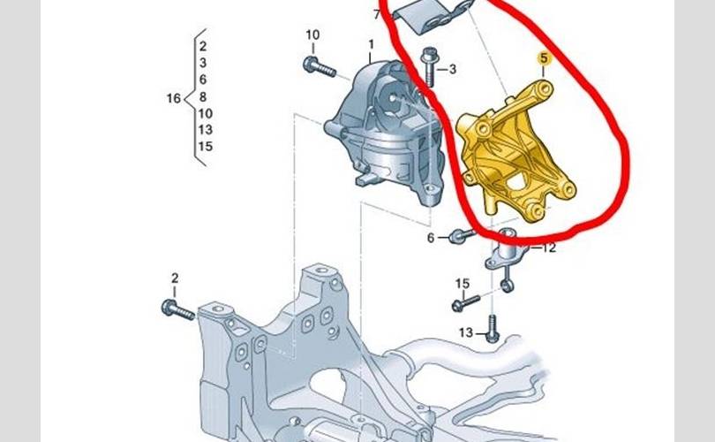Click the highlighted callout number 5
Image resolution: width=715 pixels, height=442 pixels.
click(544, 59)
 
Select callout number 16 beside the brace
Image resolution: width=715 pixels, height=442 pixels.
click(173, 97)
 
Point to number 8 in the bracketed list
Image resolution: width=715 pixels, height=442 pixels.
click(203, 96)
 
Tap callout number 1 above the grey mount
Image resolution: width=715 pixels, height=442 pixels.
click(372, 43)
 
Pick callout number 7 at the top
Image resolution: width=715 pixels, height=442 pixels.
click(377, 14)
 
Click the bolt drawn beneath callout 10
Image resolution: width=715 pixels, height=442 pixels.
click(319, 65)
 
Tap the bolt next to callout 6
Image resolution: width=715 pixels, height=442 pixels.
click(461, 236)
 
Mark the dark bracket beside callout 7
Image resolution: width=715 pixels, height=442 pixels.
click(427, 15)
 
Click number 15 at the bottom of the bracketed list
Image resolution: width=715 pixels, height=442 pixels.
click(205, 147)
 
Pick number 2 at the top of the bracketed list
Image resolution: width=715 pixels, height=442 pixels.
click(203, 46)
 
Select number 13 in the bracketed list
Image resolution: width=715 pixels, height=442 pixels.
click(205, 130)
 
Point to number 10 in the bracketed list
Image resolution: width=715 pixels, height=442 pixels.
click(205, 113)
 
